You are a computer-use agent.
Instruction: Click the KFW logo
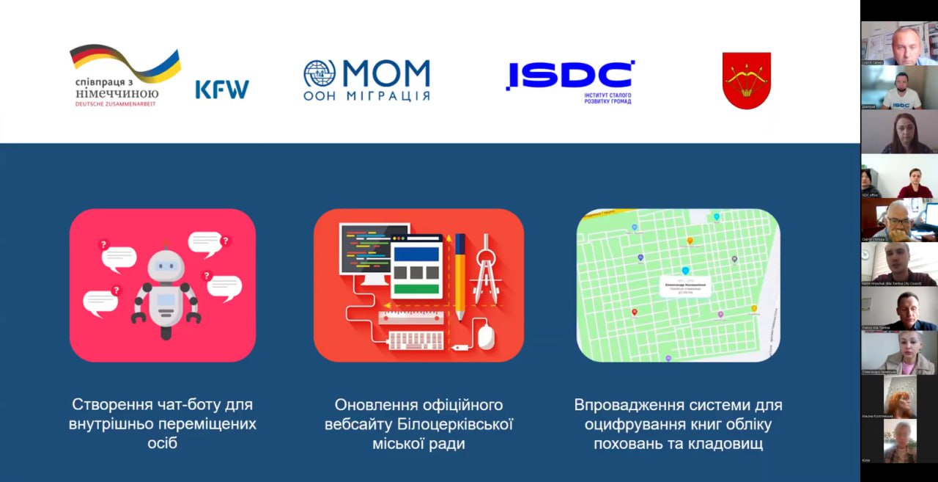[222, 90]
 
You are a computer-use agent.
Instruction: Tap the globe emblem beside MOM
[320, 74]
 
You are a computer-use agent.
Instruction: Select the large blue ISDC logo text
[569, 76]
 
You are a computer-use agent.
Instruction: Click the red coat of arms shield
[746, 81]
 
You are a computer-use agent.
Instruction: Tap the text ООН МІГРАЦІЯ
[367, 96]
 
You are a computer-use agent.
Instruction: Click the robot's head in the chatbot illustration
[166, 266]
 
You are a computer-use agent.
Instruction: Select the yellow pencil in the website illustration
[459, 276]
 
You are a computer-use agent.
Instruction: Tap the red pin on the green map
[635, 312]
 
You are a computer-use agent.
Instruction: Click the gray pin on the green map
[734, 259]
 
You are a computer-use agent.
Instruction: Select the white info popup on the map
[685, 288]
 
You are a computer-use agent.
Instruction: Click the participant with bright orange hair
[899, 398]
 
